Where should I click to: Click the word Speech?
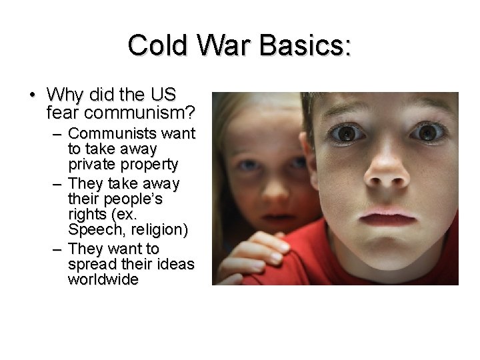[93, 230]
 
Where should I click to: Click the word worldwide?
[103, 279]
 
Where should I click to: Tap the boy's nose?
[387, 175]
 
